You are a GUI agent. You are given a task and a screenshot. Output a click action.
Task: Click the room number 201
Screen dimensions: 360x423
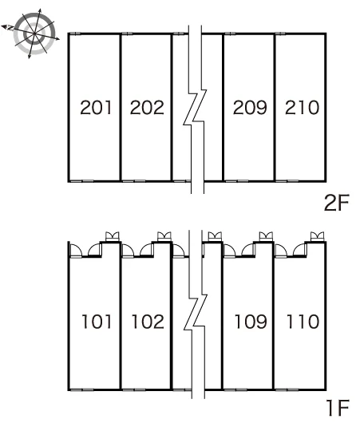pyautogui.click(x=96, y=108)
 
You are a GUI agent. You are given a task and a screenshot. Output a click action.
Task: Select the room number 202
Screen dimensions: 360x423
pyautogui.click(x=147, y=108)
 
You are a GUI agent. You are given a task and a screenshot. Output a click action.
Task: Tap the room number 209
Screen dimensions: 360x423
pyautogui.click(x=250, y=108)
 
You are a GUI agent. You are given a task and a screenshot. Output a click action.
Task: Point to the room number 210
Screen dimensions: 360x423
pyautogui.click(x=302, y=108)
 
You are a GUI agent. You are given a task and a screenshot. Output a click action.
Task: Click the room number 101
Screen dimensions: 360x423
pyautogui.click(x=97, y=322)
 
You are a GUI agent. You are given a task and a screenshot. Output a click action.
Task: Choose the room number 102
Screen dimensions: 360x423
pyautogui.click(x=148, y=322)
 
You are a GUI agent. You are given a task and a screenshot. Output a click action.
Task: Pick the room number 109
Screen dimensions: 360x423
pyautogui.click(x=251, y=322)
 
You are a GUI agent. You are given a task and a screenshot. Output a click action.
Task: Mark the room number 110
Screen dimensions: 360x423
pyautogui.click(x=303, y=322)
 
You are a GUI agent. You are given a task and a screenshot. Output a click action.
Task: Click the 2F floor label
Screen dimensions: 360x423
pyautogui.click(x=337, y=203)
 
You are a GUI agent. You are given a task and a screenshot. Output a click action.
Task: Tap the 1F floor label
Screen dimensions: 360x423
pyautogui.click(x=338, y=408)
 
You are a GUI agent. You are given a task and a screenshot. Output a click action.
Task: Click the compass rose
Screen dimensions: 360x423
pyautogui.click(x=34, y=34)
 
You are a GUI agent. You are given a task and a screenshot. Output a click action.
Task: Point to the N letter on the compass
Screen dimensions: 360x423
pyautogui.click(x=10, y=27)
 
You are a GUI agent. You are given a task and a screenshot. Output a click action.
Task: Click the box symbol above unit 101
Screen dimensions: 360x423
pyautogui.click(x=112, y=236)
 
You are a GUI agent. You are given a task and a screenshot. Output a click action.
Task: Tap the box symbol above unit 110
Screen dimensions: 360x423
pyautogui.click(x=318, y=236)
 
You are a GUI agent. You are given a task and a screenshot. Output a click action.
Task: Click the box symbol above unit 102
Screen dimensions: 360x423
pyautogui.click(x=164, y=236)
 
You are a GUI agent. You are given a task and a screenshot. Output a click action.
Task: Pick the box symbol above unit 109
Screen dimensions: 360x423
pyautogui.click(x=266, y=236)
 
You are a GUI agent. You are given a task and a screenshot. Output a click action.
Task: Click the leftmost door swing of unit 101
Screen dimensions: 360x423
pyautogui.click(x=76, y=250)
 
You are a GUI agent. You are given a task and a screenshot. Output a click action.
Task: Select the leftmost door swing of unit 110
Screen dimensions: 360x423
pyautogui.click(x=281, y=250)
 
